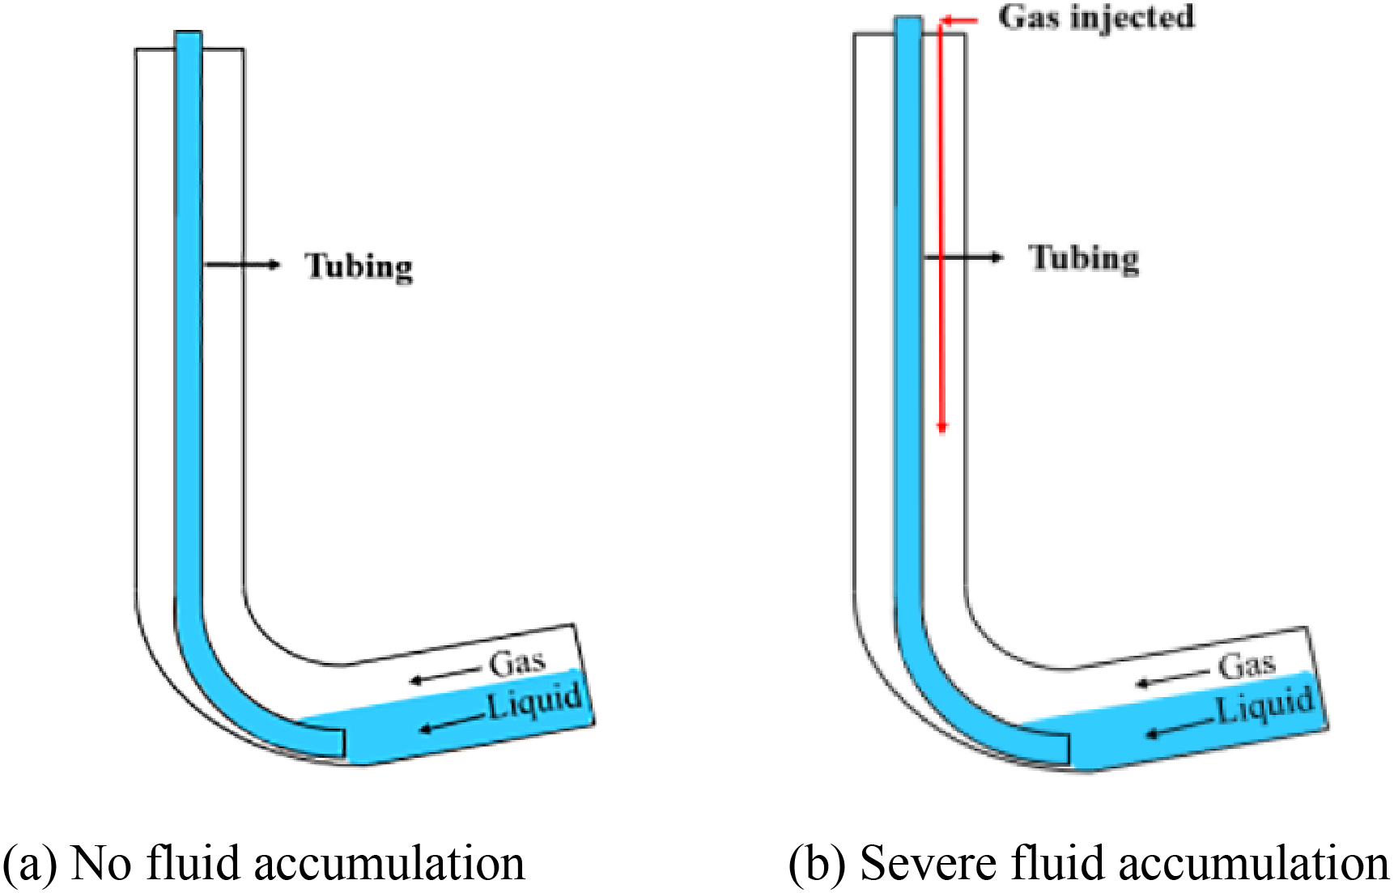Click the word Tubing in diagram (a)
(359, 266)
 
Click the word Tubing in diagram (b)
(1084, 258)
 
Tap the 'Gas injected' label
(1096, 17)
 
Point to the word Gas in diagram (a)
(517, 662)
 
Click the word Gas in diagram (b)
(1247, 665)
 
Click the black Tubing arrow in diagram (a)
(242, 264)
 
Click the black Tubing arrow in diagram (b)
(963, 257)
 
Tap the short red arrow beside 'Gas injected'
(960, 20)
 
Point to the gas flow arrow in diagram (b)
(1173, 678)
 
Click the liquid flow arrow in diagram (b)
(1180, 727)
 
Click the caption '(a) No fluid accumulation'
(265, 863)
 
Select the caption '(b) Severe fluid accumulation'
(1090, 863)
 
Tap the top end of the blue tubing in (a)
(188, 33)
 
